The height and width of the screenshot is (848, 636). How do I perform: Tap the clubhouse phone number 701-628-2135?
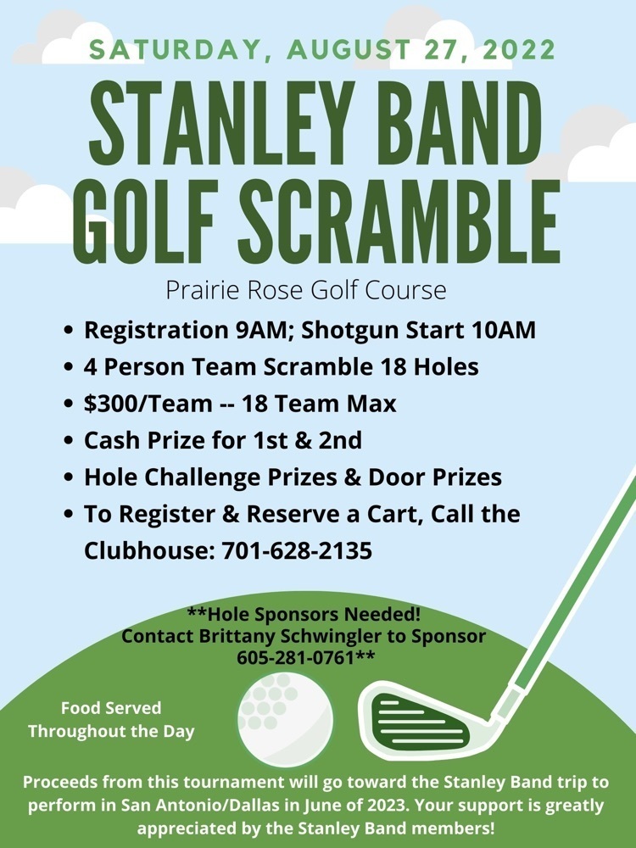(x=297, y=550)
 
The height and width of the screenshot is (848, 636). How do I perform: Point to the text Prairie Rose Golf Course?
(x=306, y=290)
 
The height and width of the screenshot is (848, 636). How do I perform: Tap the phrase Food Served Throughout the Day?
(x=111, y=719)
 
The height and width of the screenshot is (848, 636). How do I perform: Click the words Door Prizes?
(x=434, y=477)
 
